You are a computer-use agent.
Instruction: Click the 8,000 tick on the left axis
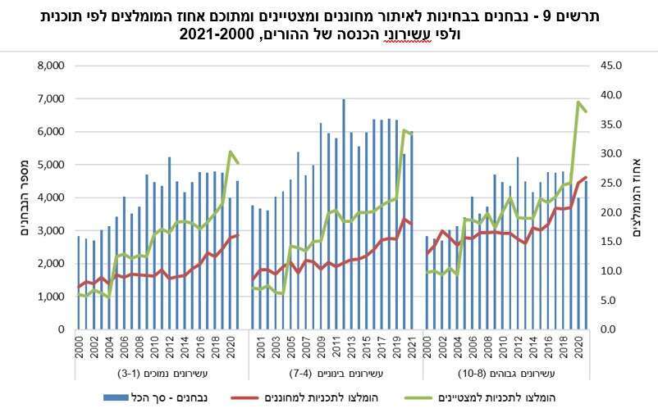pos(49,66)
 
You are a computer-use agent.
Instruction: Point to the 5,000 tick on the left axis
pos(49,165)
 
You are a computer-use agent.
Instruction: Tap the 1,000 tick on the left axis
pos(49,297)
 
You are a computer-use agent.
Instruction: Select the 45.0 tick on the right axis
pos(615,66)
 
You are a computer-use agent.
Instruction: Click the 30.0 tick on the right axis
pos(615,153)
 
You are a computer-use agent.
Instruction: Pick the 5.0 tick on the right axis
pos(615,300)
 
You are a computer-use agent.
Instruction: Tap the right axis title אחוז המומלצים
pos(638,197)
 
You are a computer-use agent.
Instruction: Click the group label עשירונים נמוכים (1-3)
pos(156,374)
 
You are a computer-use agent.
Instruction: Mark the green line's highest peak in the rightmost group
pos(578,102)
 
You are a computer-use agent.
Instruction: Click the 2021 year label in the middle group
pos(409,347)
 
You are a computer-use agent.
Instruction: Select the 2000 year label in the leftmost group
pos(79,347)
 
